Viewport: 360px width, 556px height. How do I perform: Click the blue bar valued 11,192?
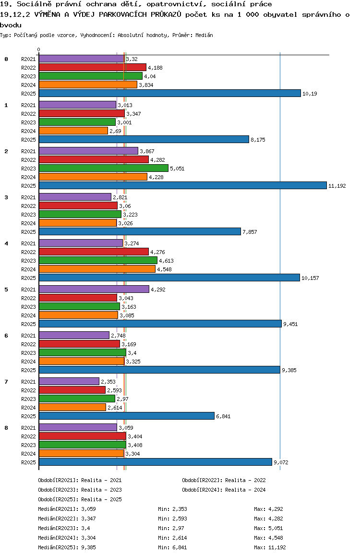click(x=182, y=185)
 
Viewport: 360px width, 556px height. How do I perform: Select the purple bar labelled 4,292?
click(x=94, y=289)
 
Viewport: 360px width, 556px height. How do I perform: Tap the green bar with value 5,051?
click(x=103, y=168)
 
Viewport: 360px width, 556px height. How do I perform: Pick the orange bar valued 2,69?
click(x=73, y=131)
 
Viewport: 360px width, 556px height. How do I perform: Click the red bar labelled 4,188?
click(x=92, y=67)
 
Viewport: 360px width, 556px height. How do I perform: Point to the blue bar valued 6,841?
click(x=126, y=416)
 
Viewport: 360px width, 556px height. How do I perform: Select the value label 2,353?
click(x=108, y=382)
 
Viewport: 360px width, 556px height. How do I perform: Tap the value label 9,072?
click(x=281, y=462)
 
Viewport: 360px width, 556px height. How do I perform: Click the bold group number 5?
click(x=6, y=290)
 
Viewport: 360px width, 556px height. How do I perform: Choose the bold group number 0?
click(x=6, y=59)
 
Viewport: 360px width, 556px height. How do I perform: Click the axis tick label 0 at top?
click(x=39, y=49)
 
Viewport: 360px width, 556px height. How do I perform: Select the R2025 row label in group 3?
click(x=29, y=232)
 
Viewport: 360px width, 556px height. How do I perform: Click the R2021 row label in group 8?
click(x=29, y=428)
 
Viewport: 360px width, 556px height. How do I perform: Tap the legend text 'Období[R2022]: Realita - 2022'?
click(x=224, y=480)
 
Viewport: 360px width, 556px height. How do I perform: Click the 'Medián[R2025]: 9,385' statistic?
click(x=66, y=547)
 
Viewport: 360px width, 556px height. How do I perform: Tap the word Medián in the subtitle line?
click(x=204, y=36)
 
